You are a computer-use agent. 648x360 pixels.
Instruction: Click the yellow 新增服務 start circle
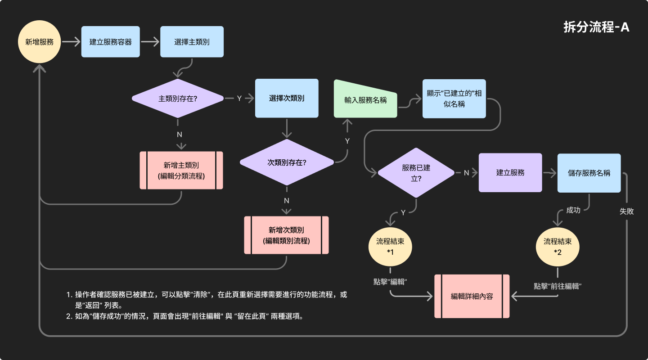(x=39, y=42)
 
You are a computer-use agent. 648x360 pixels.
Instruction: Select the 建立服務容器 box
(x=110, y=42)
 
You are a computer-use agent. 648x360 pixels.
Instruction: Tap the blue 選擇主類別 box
(x=192, y=42)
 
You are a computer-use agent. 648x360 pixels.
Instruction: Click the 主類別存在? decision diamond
(x=178, y=99)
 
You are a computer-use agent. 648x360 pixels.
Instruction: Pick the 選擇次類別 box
(x=287, y=99)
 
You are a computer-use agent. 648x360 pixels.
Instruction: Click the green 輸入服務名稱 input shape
(x=365, y=99)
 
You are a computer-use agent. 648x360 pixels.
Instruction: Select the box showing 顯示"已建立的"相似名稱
(x=454, y=99)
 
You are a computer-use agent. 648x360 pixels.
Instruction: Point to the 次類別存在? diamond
(x=287, y=162)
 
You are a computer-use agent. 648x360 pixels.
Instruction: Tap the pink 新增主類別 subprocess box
(x=181, y=170)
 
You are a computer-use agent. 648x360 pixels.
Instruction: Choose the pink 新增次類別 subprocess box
(x=286, y=235)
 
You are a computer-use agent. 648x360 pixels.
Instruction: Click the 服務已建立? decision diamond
(x=416, y=173)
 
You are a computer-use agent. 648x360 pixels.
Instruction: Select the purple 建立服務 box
(x=510, y=172)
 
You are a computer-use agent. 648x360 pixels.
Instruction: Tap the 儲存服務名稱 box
(x=589, y=173)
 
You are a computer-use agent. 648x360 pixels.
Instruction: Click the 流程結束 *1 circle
(x=390, y=246)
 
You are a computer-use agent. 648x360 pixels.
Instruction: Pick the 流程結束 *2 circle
(x=558, y=247)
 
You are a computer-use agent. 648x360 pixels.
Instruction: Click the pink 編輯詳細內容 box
(x=472, y=296)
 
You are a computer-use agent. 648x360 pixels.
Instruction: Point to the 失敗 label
(x=626, y=211)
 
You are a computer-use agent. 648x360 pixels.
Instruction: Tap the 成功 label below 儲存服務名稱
(x=573, y=210)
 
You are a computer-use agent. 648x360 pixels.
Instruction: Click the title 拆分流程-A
(x=596, y=27)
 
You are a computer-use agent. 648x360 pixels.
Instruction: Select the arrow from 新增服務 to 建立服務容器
(x=70, y=42)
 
